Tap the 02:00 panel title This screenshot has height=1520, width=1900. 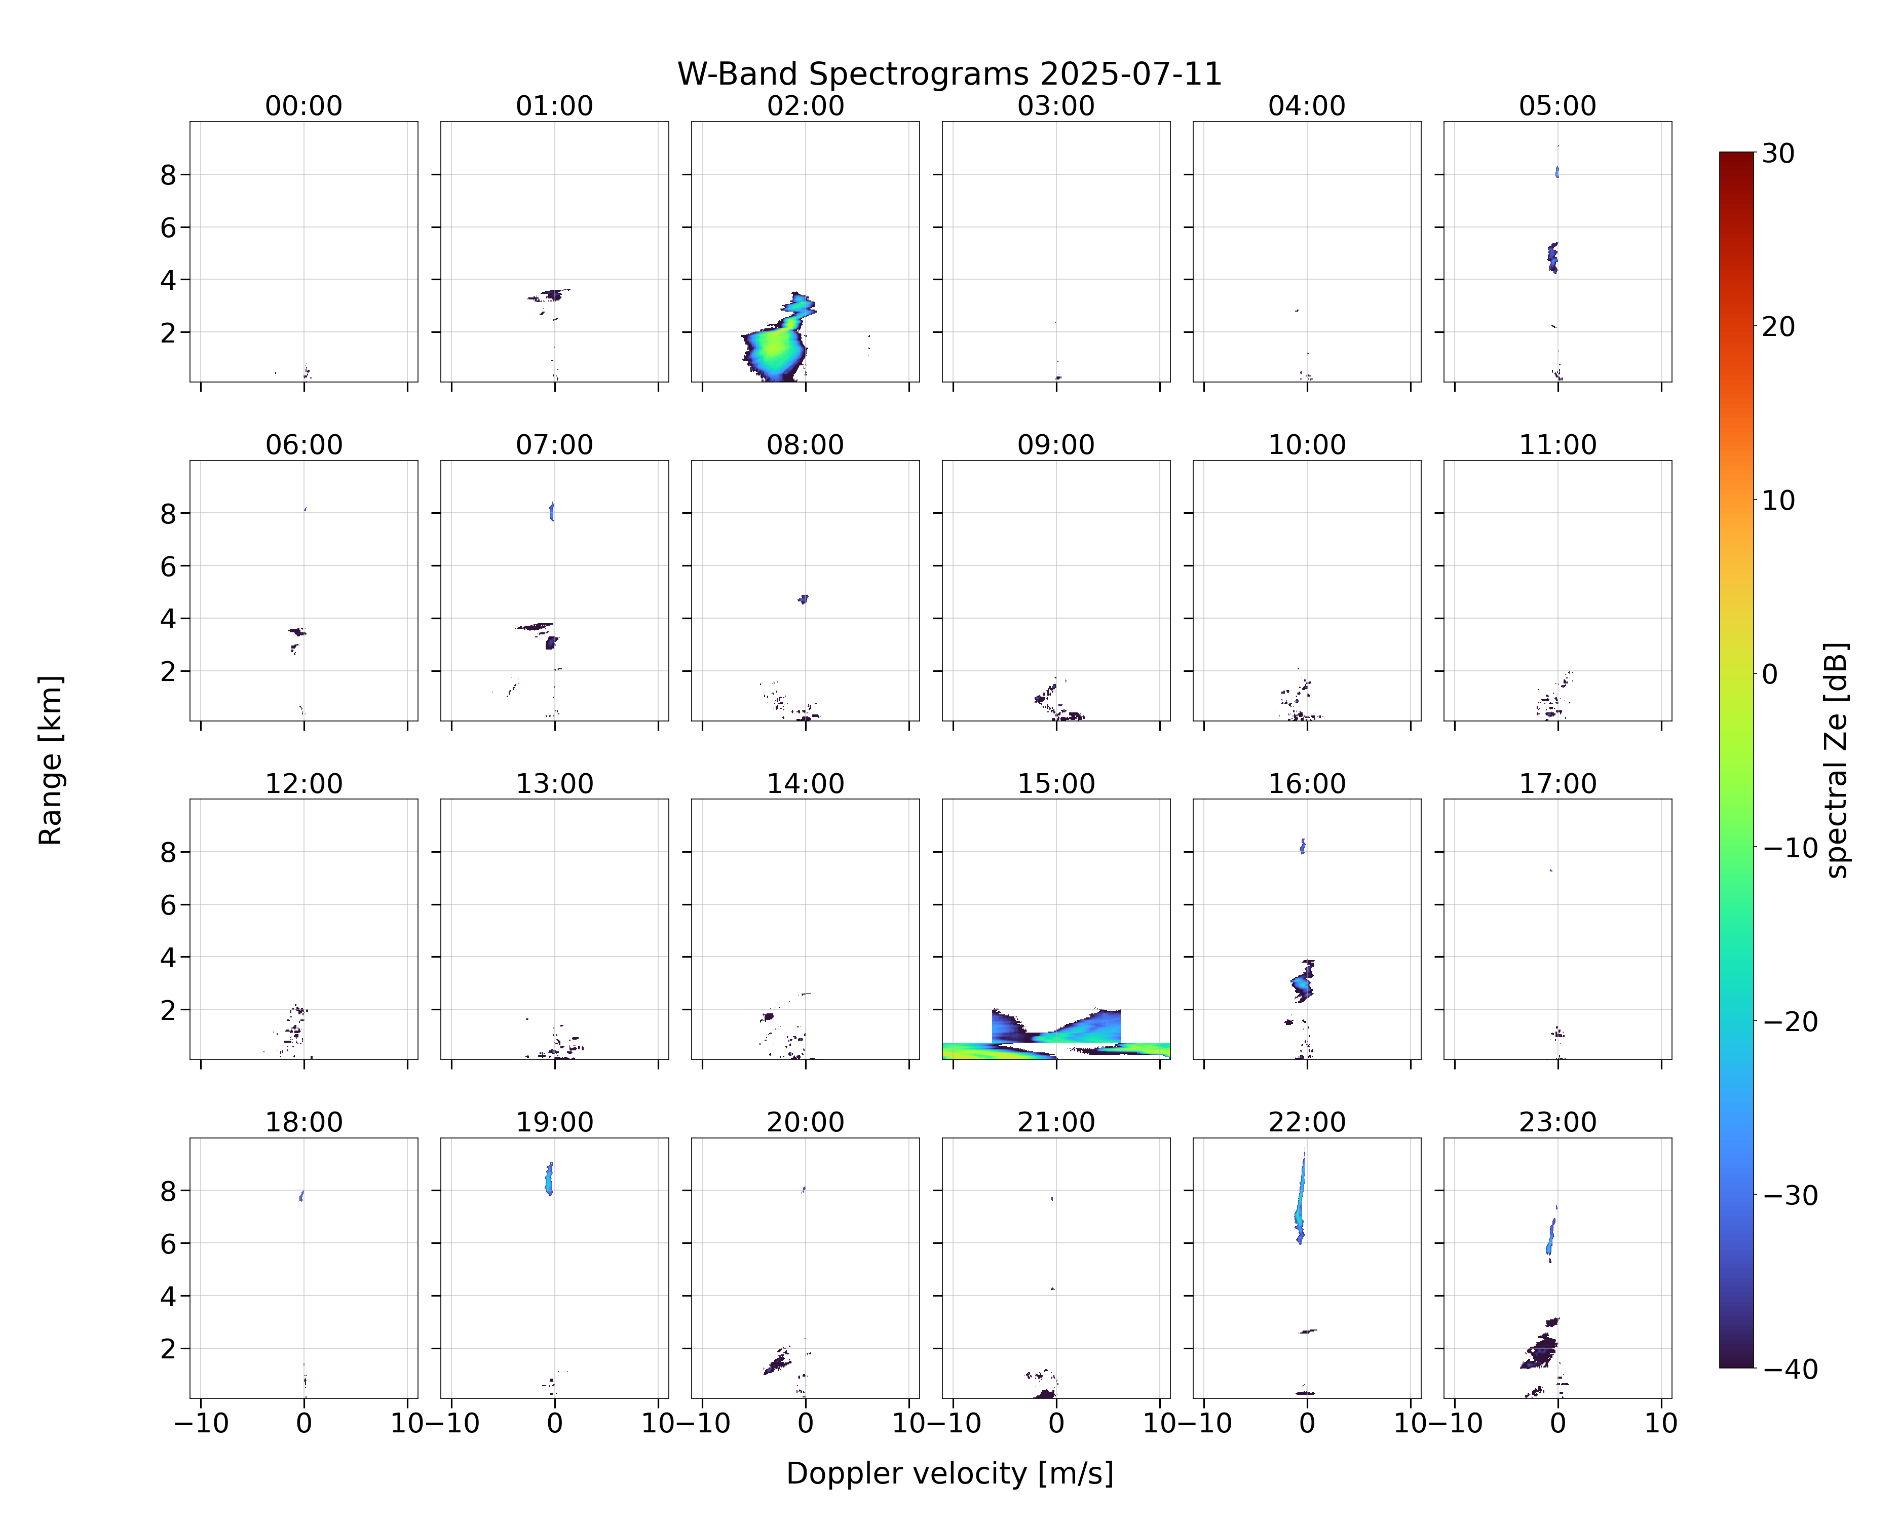click(x=806, y=106)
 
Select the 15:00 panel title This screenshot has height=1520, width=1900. click(x=1056, y=783)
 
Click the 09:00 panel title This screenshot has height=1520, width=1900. click(x=1056, y=445)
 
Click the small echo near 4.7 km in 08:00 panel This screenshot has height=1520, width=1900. click(x=803, y=599)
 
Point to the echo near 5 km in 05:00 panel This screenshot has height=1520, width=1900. click(x=1553, y=257)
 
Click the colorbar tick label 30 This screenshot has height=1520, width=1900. click(x=1778, y=154)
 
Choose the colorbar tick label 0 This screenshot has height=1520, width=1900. click(x=1770, y=674)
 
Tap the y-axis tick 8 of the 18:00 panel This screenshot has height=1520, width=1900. click(x=168, y=1191)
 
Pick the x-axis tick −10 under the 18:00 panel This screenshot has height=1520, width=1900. click(x=201, y=1422)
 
